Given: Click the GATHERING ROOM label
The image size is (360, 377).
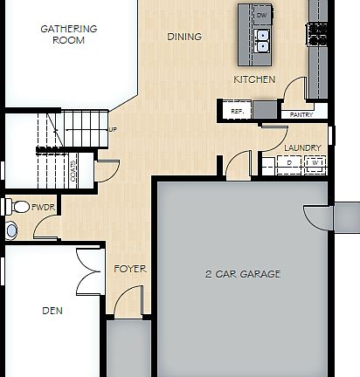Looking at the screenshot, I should pyautogui.click(x=69, y=34).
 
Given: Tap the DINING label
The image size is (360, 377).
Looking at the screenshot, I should pyautogui.click(x=184, y=37).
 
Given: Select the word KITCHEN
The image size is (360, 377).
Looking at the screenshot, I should pyautogui.click(x=254, y=79).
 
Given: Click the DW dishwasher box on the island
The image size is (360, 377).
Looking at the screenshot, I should pyautogui.click(x=261, y=16).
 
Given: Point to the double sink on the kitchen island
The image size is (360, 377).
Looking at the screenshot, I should pyautogui.click(x=261, y=41).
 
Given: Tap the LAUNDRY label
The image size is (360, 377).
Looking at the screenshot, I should pyautogui.click(x=302, y=148).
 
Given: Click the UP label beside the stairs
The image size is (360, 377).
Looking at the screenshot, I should pyautogui.click(x=113, y=130).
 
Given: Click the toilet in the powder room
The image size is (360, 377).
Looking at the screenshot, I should pyautogui.click(x=19, y=208).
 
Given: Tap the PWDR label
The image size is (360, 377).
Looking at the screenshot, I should pyautogui.click(x=43, y=209).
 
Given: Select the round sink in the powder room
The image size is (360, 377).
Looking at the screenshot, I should pyautogui.click(x=10, y=230).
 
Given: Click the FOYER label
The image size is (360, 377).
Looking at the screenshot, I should pyautogui.click(x=130, y=269).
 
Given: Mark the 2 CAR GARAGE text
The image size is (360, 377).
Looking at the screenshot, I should pyautogui.click(x=243, y=274).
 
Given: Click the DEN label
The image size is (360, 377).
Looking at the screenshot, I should pyautogui.click(x=52, y=310).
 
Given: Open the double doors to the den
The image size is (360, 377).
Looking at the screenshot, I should pyautogui.click(x=87, y=271).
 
